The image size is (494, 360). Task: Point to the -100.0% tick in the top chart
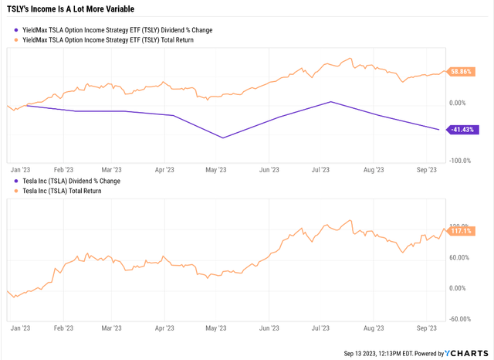pos(461,161)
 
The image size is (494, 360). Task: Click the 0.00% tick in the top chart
pos(458,103)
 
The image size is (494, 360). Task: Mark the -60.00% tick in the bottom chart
pos(460,318)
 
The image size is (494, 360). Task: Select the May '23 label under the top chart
pos(216,170)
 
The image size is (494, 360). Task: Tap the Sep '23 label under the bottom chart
pos(427,328)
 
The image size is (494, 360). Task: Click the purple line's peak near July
pos(330,102)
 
